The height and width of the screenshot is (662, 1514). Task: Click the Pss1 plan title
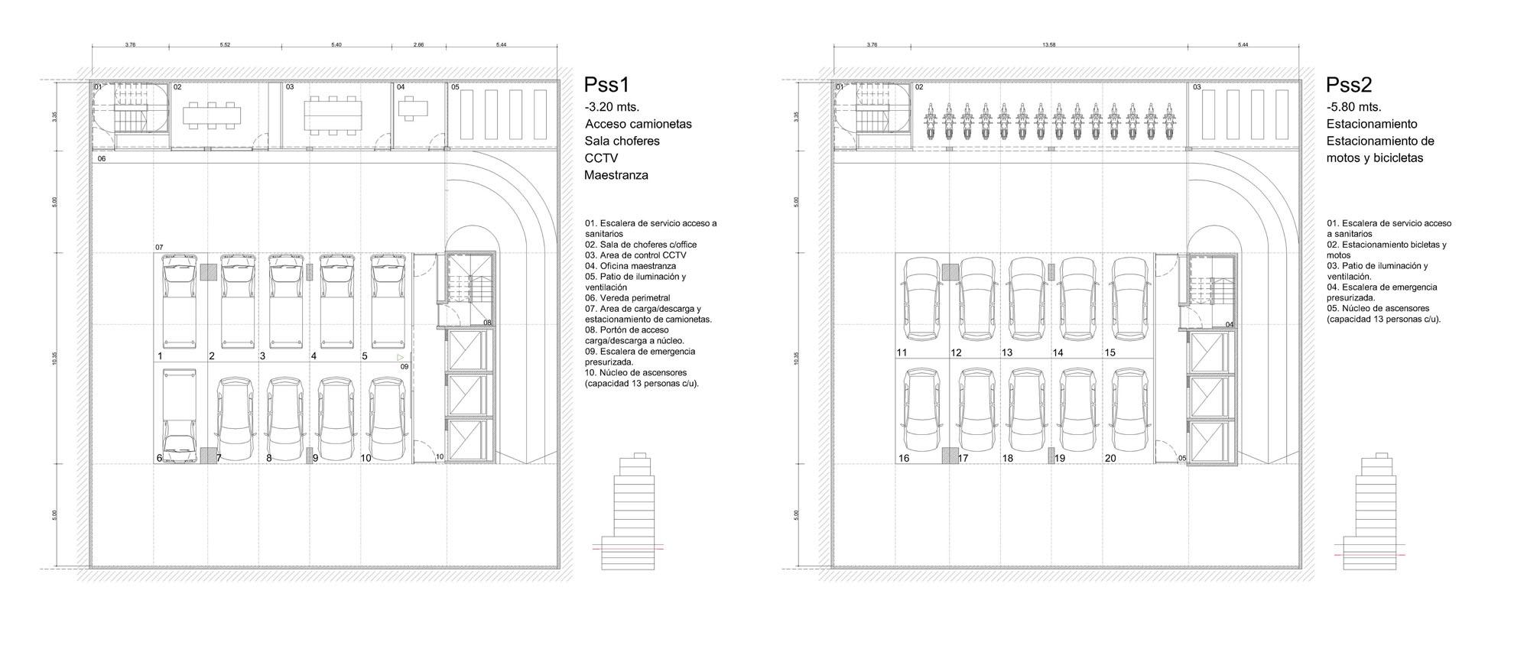[606, 85]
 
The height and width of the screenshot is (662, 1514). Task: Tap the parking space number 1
[160, 356]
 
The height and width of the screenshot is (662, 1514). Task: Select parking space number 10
[366, 458]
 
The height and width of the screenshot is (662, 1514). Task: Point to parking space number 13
[1007, 352]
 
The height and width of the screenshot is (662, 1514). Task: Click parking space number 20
[1110, 458]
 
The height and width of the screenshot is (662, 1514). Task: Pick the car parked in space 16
[922, 410]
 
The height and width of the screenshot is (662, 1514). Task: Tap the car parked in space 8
[284, 417]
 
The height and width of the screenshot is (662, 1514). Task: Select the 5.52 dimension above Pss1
[225, 45]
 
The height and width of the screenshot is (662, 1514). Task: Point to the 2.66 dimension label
[418, 45]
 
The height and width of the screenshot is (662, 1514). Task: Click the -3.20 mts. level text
[612, 107]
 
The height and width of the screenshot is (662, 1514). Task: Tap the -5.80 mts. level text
[1353, 107]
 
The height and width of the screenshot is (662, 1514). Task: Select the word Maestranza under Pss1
[616, 175]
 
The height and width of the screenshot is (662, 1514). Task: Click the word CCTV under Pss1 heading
[601, 158]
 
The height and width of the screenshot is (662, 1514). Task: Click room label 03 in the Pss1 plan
[290, 87]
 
